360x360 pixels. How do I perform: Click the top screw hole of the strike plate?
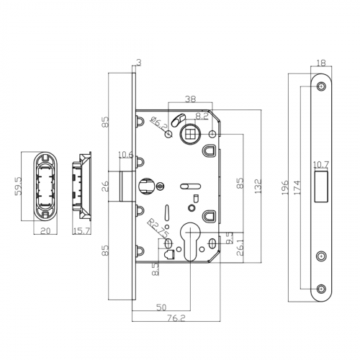(321, 86)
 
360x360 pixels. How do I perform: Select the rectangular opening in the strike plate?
(321, 186)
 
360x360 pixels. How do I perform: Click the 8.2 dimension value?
(202, 114)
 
